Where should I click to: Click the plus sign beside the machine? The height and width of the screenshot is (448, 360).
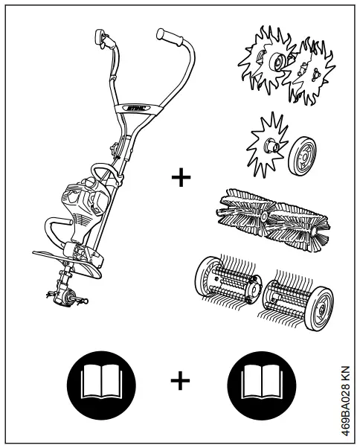click(180, 179)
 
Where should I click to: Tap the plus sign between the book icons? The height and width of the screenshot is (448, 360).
click(180, 380)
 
